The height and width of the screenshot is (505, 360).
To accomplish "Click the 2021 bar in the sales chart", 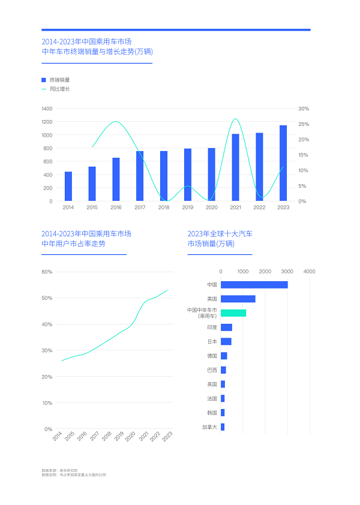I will (236, 167).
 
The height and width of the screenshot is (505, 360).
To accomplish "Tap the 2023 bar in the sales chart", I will (283, 163).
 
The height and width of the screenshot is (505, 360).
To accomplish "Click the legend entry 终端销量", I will (59, 80).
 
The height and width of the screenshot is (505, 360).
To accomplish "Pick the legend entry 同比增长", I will (59, 89).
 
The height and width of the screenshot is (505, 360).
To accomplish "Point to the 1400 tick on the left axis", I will (47, 109).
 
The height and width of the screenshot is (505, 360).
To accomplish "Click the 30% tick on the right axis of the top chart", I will (304, 109).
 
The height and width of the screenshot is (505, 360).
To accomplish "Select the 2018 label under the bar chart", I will (164, 208).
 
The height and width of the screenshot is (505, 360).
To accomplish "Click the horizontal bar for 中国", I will (254, 284).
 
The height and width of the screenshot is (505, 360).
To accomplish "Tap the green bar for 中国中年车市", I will (233, 313).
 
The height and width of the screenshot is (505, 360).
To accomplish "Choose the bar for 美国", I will (238, 299).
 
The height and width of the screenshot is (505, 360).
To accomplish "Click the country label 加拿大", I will (209, 427).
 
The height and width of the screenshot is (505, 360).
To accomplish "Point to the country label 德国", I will (212, 356).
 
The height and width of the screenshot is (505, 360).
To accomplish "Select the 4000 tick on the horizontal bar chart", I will (310, 272).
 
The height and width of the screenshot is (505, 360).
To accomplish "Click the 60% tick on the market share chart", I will (47, 272).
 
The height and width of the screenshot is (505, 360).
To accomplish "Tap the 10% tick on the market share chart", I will (47, 403).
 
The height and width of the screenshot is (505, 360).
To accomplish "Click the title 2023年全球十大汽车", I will (220, 233).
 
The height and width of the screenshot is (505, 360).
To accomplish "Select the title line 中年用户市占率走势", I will (73, 244).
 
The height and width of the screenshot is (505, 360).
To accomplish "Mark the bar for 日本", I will (226, 341).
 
